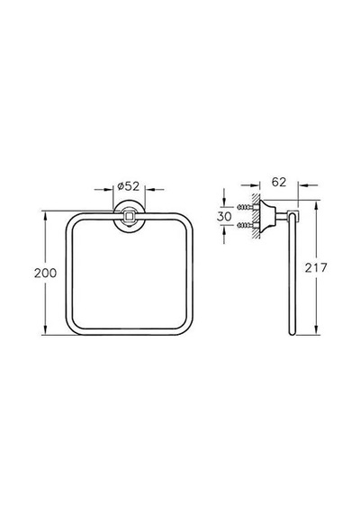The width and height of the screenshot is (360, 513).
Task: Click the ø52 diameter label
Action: (129, 186)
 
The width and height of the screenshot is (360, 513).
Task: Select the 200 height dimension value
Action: (46, 273)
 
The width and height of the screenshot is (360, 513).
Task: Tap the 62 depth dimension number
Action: (279, 182)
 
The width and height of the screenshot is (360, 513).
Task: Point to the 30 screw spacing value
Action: (224, 216)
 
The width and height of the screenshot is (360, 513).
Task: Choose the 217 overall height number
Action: (316, 268)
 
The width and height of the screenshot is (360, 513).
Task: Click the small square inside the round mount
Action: (129, 216)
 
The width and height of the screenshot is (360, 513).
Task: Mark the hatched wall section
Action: (256, 217)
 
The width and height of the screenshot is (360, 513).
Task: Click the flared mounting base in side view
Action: (267, 216)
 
